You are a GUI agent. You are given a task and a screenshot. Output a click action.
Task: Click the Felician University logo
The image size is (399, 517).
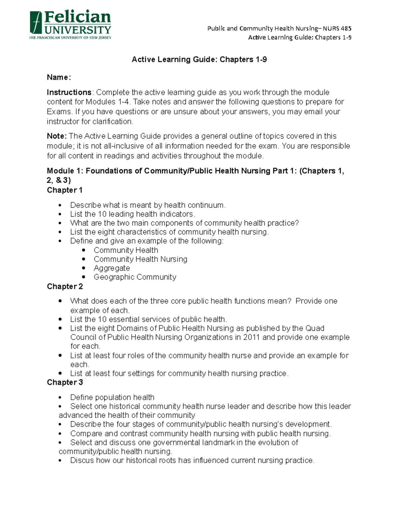[70, 25]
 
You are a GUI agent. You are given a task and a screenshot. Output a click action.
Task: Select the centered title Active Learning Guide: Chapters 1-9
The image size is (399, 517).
[199, 60]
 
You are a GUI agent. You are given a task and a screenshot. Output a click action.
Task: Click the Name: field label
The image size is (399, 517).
[59, 78]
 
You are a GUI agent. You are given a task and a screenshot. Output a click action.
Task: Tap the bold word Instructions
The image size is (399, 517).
[69, 92]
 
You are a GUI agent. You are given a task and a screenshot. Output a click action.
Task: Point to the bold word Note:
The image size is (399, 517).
[57, 136]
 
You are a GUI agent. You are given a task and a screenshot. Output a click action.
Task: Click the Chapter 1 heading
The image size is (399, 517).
[65, 190]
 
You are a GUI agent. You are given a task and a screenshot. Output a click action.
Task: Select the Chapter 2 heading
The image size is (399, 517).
[65, 286]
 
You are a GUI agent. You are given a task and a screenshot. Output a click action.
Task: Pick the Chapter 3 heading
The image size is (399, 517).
[65, 382]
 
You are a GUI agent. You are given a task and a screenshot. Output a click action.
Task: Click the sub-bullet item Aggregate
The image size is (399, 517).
[112, 268]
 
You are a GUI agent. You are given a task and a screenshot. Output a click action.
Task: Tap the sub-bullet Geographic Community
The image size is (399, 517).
[135, 277]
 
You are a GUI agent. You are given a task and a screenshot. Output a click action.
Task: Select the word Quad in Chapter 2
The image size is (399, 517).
[315, 328]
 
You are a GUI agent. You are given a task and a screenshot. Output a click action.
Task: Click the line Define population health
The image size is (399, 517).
[112, 397]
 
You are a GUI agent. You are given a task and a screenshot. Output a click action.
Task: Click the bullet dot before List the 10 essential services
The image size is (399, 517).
[60, 319]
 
